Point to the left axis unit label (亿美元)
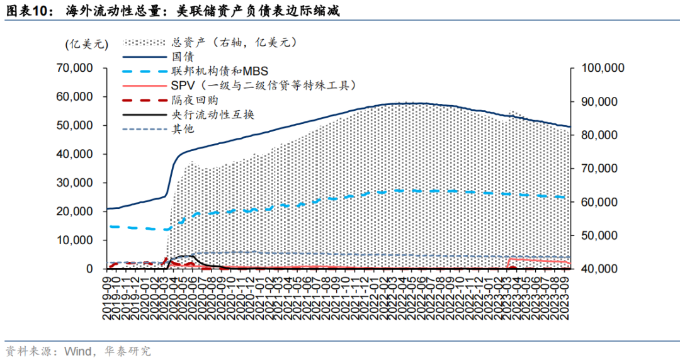click(x=86, y=44)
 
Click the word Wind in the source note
click(x=76, y=351)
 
